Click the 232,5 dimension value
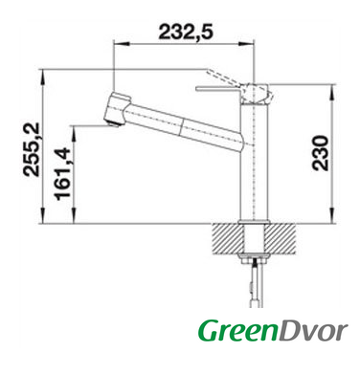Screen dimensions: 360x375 click(x=186, y=32)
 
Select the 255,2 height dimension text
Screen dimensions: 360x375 click(x=32, y=149)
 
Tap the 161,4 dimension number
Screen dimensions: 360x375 click(x=62, y=174)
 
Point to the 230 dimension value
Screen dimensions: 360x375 click(x=320, y=153)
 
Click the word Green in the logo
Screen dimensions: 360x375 click(x=237, y=331)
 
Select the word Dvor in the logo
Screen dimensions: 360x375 click(x=313, y=331)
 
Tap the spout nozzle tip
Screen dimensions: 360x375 click(x=113, y=122)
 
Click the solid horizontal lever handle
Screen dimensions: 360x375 click(x=218, y=89)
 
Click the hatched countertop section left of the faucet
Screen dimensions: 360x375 click(x=227, y=239)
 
